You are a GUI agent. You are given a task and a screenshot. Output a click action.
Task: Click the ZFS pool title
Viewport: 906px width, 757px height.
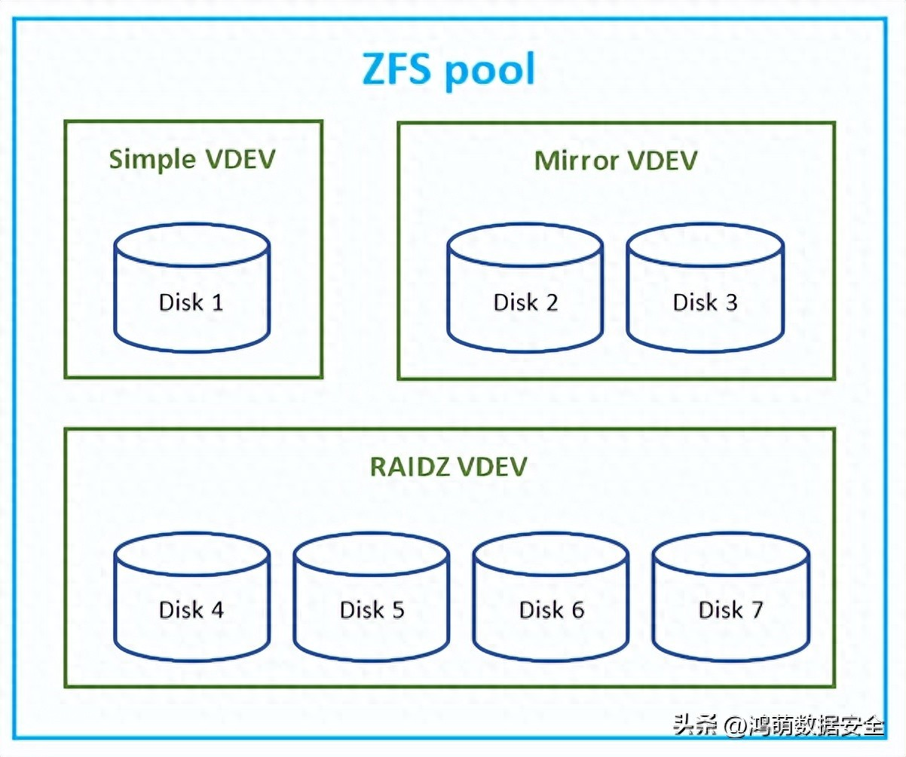pos(449,70)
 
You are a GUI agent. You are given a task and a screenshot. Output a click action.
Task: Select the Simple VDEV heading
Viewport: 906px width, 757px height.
pos(192,160)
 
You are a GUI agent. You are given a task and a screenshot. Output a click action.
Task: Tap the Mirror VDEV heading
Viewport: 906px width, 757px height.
pos(616,161)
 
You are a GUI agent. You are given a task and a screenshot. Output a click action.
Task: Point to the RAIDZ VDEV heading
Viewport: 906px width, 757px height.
pos(448,467)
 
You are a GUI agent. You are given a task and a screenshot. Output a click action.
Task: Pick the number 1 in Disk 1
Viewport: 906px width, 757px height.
pos(217,302)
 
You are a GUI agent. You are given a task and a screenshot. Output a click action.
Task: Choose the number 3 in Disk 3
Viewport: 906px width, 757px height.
pos(730,302)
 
